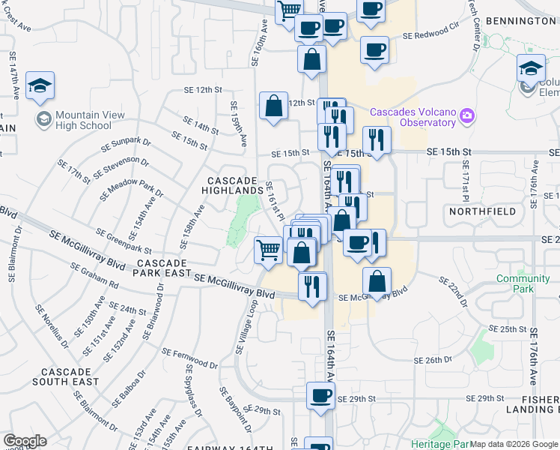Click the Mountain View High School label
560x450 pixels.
point(82,120)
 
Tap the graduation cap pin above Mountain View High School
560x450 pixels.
point(40,86)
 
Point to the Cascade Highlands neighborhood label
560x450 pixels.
point(233,185)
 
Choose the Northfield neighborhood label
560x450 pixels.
point(483,211)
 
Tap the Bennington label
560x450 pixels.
point(520,21)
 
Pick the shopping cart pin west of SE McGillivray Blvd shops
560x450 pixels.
point(269,250)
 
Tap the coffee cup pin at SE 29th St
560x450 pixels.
point(320,397)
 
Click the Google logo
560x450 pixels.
point(25,441)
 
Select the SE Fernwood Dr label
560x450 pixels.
point(192,363)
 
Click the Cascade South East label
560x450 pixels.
point(70,376)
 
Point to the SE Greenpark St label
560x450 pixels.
point(123,241)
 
